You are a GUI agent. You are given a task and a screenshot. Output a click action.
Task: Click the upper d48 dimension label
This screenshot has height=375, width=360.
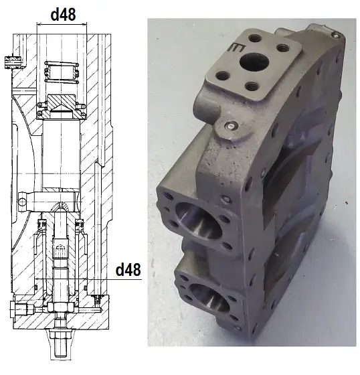(x=64, y=15)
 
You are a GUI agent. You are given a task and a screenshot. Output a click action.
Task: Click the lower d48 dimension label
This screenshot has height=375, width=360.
(x=128, y=270)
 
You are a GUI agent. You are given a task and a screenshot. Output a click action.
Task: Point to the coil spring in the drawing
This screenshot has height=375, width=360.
(x=62, y=72)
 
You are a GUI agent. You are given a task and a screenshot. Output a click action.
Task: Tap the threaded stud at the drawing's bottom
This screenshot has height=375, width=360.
(x=60, y=344)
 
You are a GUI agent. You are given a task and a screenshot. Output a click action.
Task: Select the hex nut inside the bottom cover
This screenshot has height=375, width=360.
(x=61, y=307)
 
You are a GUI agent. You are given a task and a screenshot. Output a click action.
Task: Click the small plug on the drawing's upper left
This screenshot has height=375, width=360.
(x=13, y=62)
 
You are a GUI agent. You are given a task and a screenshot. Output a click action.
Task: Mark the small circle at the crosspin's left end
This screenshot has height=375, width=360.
(x=23, y=202)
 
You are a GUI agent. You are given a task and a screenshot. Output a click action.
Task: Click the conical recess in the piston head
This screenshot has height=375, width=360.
(x=61, y=109)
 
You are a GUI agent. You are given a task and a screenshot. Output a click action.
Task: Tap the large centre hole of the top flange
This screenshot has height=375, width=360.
(x=254, y=62)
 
